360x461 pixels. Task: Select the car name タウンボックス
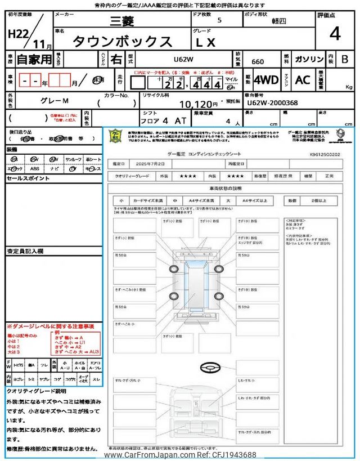tap(123, 42)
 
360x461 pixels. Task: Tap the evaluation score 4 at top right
tap(335, 34)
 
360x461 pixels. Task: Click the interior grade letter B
tap(344, 59)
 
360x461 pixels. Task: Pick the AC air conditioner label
tap(303, 80)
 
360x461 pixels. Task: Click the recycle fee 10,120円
tap(198, 104)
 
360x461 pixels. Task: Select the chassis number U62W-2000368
tap(272, 104)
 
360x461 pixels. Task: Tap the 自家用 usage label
tap(34, 59)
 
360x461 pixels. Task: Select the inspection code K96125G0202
tap(324, 153)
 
